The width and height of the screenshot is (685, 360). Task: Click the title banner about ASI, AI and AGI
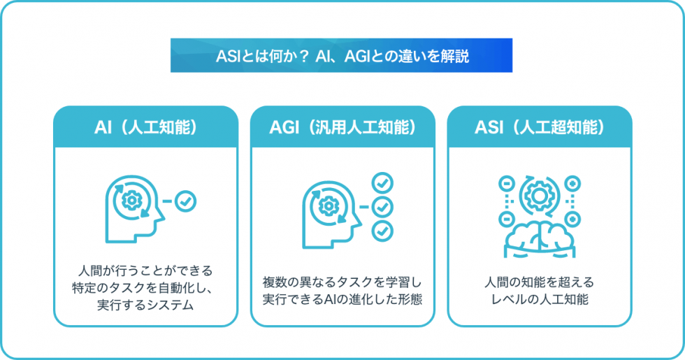[341, 56]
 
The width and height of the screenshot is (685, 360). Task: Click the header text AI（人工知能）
[145, 127]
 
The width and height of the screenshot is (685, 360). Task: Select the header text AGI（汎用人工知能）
[342, 127]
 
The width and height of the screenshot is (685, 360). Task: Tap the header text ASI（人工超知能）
[539, 127]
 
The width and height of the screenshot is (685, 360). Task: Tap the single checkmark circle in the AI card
[186, 201]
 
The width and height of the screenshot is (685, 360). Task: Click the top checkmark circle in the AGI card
[382, 183]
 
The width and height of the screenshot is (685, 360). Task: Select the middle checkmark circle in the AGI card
[382, 207]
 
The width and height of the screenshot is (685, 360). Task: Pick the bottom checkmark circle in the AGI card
[382, 230]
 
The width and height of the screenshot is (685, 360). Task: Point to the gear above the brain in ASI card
[539, 195]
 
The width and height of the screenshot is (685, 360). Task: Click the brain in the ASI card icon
[539, 236]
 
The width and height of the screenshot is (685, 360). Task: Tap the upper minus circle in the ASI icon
[505, 183]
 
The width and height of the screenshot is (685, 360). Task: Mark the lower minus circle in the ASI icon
[505, 220]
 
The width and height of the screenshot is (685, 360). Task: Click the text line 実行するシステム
[145, 305]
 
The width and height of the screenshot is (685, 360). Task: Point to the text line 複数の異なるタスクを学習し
[342, 283]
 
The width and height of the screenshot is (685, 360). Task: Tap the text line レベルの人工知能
[539, 300]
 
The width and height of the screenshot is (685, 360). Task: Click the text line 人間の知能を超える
[539, 283]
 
